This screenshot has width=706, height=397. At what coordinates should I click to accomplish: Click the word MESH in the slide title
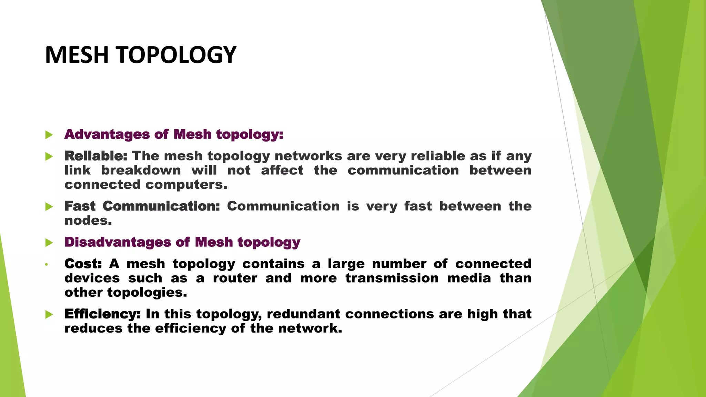(77, 55)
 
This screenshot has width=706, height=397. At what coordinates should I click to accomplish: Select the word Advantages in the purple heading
(107, 134)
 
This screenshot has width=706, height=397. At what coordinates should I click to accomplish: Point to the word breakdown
(141, 171)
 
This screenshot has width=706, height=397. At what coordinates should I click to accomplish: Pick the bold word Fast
(80, 206)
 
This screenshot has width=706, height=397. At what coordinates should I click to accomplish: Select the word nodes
(88, 221)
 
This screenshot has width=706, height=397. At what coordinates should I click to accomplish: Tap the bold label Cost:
(83, 264)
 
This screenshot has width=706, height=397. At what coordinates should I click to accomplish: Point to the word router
(235, 278)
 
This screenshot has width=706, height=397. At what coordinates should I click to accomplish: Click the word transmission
(392, 278)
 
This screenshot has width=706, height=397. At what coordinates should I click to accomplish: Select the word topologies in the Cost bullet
(147, 293)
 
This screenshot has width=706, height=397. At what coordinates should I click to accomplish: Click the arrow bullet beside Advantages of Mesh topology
(49, 135)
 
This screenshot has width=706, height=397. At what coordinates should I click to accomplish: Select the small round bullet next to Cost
(46, 265)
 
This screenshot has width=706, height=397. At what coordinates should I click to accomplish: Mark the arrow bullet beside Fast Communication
(49, 207)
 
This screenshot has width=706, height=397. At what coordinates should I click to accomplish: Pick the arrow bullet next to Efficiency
(49, 314)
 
